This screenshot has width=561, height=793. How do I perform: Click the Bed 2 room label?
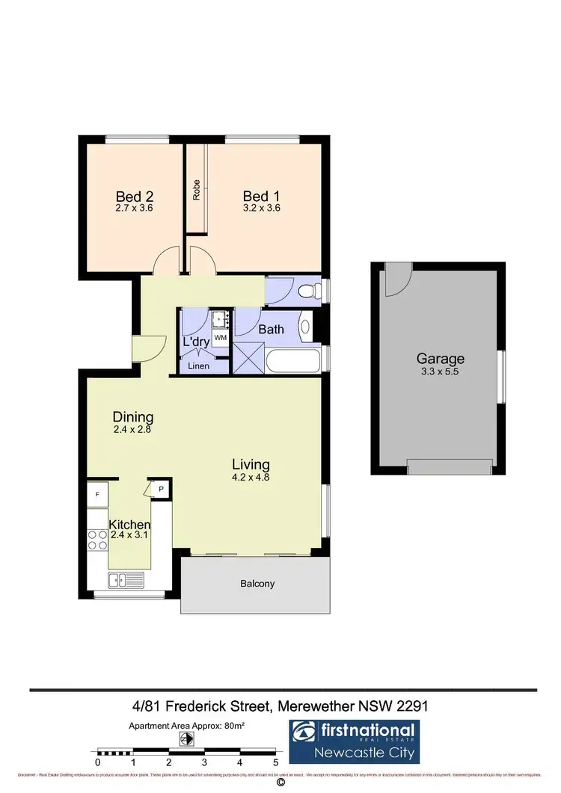pos(135,197)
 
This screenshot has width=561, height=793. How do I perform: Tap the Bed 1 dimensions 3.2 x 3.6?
pos(261,209)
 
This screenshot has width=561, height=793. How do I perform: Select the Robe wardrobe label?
pos(197,191)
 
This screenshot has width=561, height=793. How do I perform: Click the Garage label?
pos(441,359)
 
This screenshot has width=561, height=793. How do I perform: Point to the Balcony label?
pos(257,584)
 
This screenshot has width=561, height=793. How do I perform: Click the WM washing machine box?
pos(220,338)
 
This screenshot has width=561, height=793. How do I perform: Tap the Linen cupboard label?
pos(199,366)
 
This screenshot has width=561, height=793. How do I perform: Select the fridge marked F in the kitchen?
pos(97,495)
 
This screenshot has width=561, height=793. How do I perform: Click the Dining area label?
pos(133,417)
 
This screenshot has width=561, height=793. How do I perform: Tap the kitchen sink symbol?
pos(126,579)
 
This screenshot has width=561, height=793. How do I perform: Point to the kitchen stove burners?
pos(97,540)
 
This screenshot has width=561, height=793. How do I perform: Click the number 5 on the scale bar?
pos(276,763)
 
